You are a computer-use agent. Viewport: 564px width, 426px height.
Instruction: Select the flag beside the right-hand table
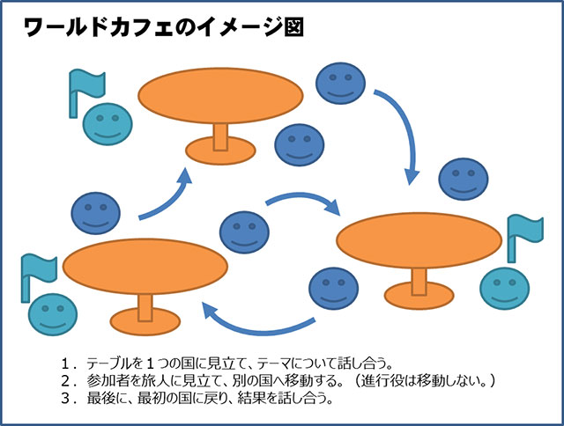click(x=519, y=232)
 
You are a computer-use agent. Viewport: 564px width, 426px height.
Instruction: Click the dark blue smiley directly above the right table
click(x=464, y=183)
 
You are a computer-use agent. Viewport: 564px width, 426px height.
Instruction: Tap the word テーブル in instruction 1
click(x=109, y=362)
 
